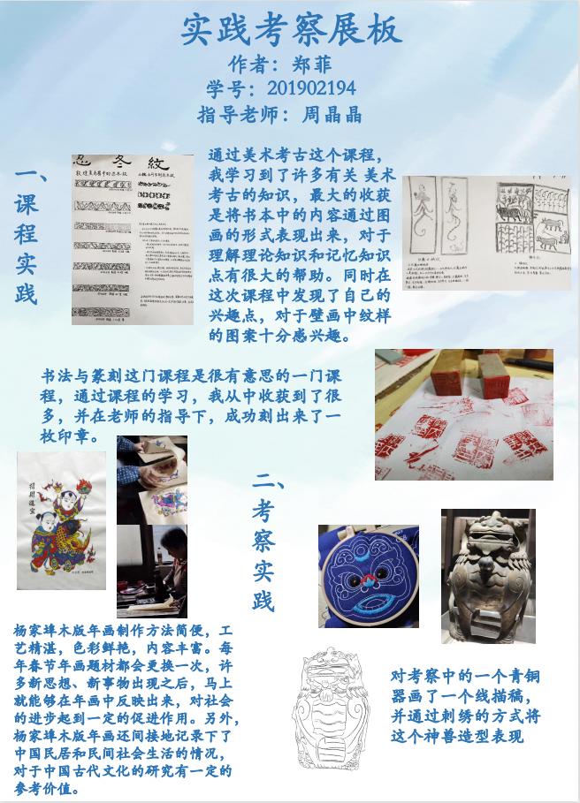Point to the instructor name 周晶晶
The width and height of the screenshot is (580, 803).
(332, 114)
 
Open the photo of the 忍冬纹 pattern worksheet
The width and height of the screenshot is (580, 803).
(134, 239)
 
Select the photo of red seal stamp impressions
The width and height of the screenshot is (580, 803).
(463, 414)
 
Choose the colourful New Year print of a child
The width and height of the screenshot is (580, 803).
(61, 520)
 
